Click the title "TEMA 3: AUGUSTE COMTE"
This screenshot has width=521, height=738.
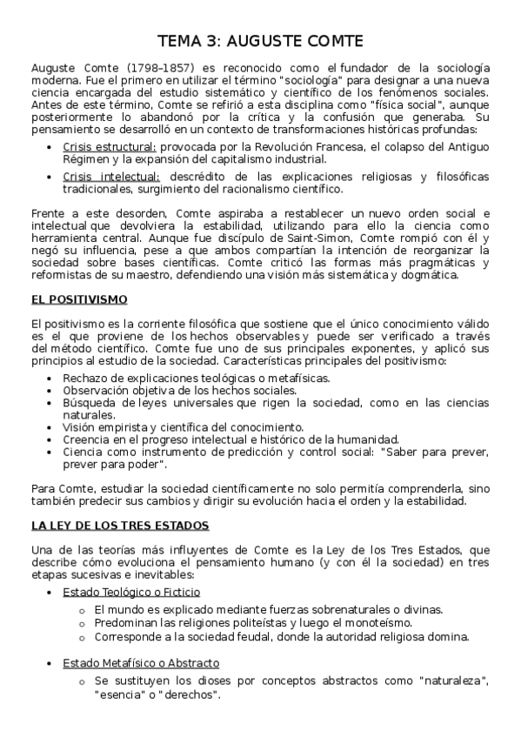260,41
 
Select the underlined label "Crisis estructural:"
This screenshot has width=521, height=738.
110,146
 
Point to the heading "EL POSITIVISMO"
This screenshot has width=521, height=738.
79,299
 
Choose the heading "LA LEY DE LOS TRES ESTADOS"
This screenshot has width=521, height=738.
120,526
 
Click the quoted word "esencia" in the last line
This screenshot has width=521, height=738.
123,695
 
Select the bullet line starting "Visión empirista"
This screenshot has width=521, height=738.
183,426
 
